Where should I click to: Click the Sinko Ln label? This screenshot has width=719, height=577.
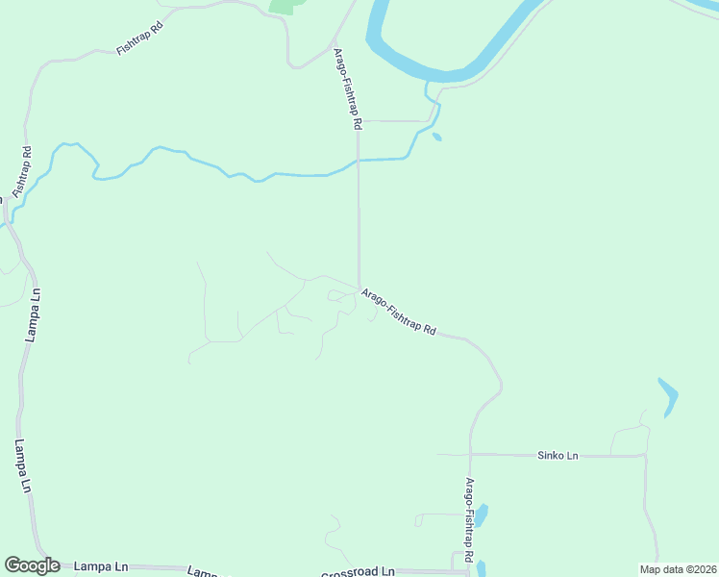pyautogui.click(x=558, y=455)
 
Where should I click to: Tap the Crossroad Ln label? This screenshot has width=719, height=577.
pyautogui.click(x=359, y=570)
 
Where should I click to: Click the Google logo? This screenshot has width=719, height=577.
pyautogui.click(x=32, y=565)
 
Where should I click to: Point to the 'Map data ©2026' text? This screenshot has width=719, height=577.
pyautogui.click(x=678, y=569)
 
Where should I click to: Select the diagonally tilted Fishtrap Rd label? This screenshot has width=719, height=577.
pyautogui.click(x=139, y=38)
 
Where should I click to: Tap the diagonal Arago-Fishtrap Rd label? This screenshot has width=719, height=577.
pyautogui.click(x=398, y=312)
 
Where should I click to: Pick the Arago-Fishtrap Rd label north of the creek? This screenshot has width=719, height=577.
pyautogui.click(x=347, y=88)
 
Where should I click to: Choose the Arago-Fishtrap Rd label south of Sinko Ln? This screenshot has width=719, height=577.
pyautogui.click(x=469, y=516)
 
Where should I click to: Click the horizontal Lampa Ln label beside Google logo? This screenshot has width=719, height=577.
pyautogui.click(x=101, y=566)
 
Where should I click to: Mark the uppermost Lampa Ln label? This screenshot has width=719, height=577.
pyautogui.click(x=37, y=315)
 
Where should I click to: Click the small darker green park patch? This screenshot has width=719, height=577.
pyautogui.click(x=284, y=5)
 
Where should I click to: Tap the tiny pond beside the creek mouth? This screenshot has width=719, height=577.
pyautogui.click(x=437, y=137)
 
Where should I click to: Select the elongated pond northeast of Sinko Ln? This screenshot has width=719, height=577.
pyautogui.click(x=668, y=395)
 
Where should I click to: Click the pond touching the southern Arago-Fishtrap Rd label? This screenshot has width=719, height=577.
pyautogui.click(x=481, y=515)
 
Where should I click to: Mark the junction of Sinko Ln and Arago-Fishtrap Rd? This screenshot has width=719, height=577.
pyautogui.click(x=470, y=454)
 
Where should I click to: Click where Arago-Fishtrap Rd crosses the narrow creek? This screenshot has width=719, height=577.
pyautogui.click(x=359, y=161)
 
